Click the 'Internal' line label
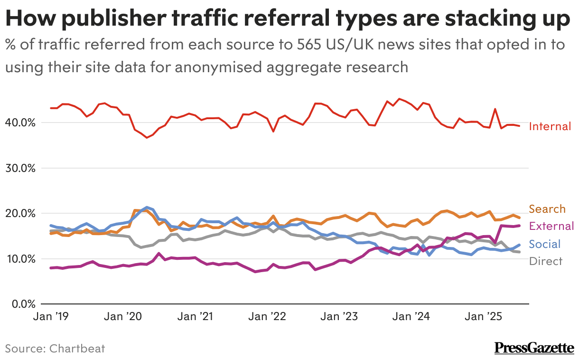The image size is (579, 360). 550,126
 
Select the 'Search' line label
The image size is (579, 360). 547,209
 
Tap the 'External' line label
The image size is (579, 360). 551,226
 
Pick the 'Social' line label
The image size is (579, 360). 544,244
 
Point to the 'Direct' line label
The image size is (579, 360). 545,261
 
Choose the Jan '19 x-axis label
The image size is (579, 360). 50,316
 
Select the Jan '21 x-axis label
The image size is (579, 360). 194,316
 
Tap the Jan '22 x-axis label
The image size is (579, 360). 266,316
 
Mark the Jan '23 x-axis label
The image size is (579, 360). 338,316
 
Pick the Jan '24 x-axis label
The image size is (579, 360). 411,316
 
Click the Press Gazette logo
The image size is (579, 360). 534,348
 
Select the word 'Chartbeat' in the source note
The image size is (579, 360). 76,349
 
